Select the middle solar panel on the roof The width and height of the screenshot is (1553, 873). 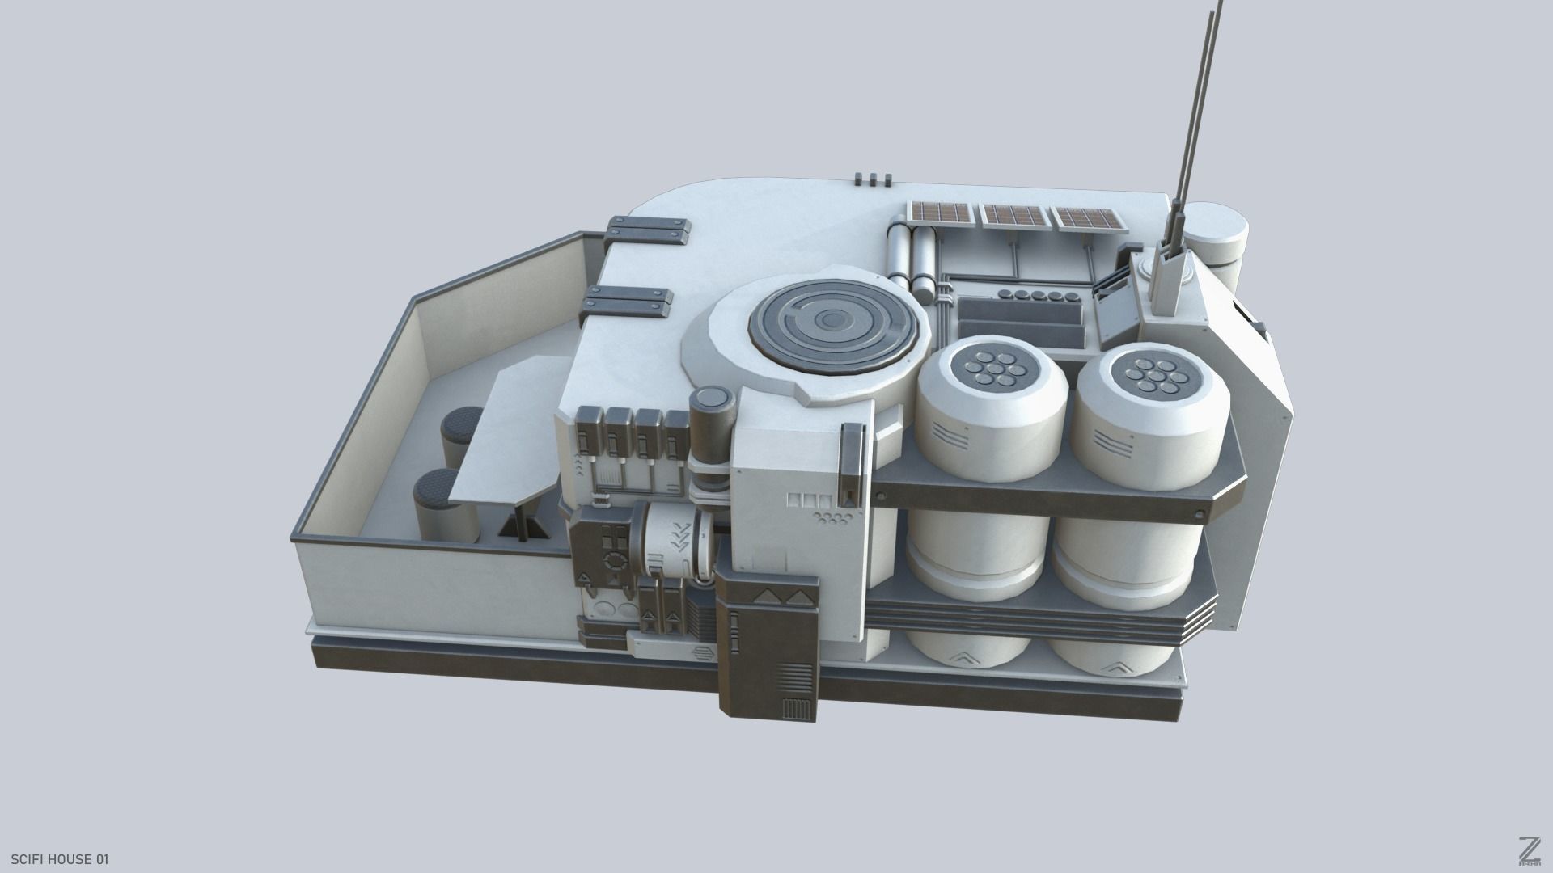[x=1013, y=216]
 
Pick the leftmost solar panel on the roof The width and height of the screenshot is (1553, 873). [x=941, y=213]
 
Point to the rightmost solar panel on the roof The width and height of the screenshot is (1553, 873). [x=1085, y=218]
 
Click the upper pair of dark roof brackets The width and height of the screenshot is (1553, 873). [x=649, y=231]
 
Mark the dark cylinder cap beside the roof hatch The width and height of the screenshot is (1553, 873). [x=713, y=399]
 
